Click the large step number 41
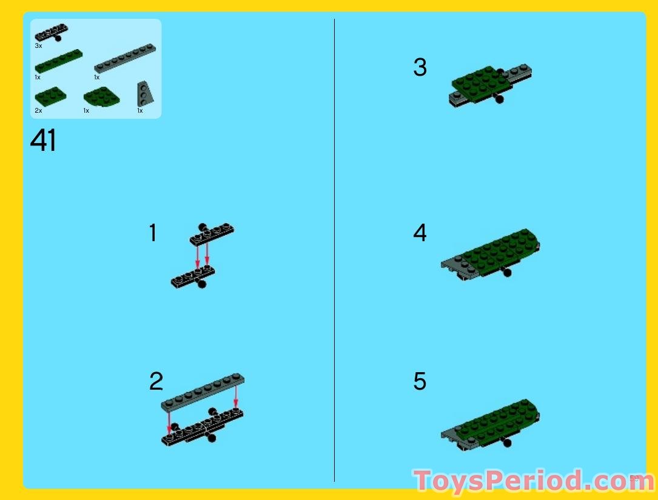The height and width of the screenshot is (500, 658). point(43,141)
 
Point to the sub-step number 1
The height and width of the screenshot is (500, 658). point(153,233)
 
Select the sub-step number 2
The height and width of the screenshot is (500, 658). point(156,382)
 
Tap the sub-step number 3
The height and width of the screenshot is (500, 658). point(420,67)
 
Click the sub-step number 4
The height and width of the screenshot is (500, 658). point(420,233)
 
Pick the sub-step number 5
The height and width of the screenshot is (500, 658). point(420,382)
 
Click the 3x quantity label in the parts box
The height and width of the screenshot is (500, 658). point(38,46)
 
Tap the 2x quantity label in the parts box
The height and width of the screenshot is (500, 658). point(38,111)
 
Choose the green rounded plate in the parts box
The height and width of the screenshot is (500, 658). point(101,96)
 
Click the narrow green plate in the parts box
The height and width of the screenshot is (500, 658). point(58,61)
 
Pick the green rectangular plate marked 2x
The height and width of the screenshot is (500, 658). point(50,96)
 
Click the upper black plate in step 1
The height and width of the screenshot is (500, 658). point(212,233)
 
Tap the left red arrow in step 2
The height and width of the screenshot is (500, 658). point(169,421)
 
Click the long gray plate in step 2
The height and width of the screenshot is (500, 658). point(203,392)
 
